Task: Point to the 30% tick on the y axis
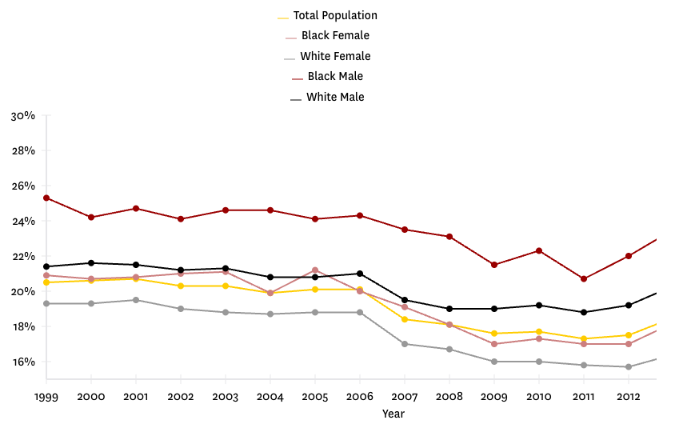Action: click(23, 116)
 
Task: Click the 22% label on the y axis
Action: click(23, 257)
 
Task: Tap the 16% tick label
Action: click(23, 362)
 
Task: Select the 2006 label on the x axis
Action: click(360, 397)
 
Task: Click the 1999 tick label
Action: click(46, 397)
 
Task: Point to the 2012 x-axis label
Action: click(629, 397)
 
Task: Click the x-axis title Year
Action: click(393, 414)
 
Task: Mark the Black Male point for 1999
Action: click(46, 198)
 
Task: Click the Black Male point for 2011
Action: click(584, 279)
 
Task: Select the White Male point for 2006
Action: click(360, 274)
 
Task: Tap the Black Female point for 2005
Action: click(315, 270)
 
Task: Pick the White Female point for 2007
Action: click(405, 344)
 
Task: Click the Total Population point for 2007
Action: click(405, 319)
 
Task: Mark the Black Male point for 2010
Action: click(539, 251)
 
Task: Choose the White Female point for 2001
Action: click(136, 300)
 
